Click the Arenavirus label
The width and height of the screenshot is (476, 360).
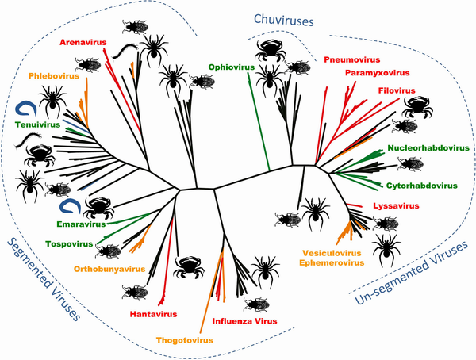83,42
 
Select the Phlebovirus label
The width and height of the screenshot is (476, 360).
54,75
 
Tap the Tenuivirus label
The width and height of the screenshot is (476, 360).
37,124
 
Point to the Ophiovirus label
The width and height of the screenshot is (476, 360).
232,67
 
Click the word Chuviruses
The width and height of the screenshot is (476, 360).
283,21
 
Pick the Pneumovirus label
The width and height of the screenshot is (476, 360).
352,59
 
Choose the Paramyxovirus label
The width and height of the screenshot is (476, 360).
378,73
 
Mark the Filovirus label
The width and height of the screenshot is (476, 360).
397,90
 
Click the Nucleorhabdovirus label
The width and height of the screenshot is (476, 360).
428,148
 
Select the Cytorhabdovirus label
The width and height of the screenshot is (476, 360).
422,186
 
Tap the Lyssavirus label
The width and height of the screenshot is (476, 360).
396,206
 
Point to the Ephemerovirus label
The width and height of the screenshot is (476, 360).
332,262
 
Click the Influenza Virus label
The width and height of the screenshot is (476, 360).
244,321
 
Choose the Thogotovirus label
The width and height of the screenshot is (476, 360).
185,340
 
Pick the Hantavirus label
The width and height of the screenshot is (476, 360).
153,314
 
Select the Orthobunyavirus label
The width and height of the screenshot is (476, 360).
109,269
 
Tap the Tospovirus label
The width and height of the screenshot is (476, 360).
69,244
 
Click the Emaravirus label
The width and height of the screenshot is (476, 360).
81,224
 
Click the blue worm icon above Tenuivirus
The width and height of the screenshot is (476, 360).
26,109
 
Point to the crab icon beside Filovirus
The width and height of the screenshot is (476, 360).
417,107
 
